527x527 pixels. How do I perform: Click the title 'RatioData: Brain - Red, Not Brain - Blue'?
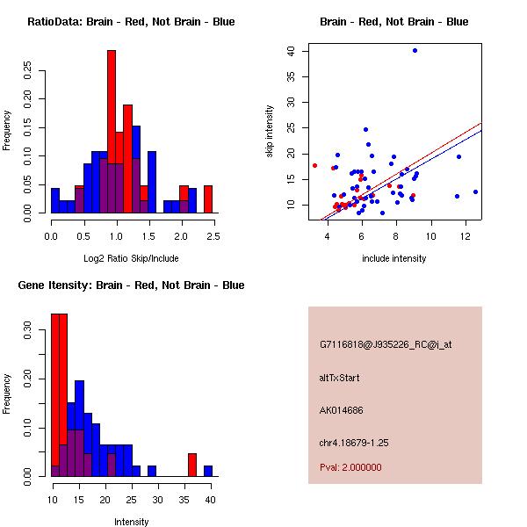click(x=131, y=22)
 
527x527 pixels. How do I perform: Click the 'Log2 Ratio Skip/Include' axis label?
click(x=131, y=258)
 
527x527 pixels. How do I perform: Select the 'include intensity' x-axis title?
click(x=394, y=258)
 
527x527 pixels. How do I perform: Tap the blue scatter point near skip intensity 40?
click(x=415, y=51)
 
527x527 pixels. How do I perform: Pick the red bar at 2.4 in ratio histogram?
click(x=208, y=199)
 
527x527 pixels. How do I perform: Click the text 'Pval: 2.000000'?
click(x=350, y=467)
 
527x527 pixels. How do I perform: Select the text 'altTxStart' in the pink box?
click(x=339, y=378)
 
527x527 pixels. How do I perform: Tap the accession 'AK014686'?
click(x=342, y=410)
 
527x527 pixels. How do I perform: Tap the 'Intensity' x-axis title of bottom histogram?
click(x=131, y=522)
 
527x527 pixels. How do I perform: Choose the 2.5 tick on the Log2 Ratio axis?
click(x=213, y=235)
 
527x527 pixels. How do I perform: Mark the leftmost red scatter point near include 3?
click(x=314, y=165)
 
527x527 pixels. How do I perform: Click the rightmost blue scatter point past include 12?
click(x=475, y=191)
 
